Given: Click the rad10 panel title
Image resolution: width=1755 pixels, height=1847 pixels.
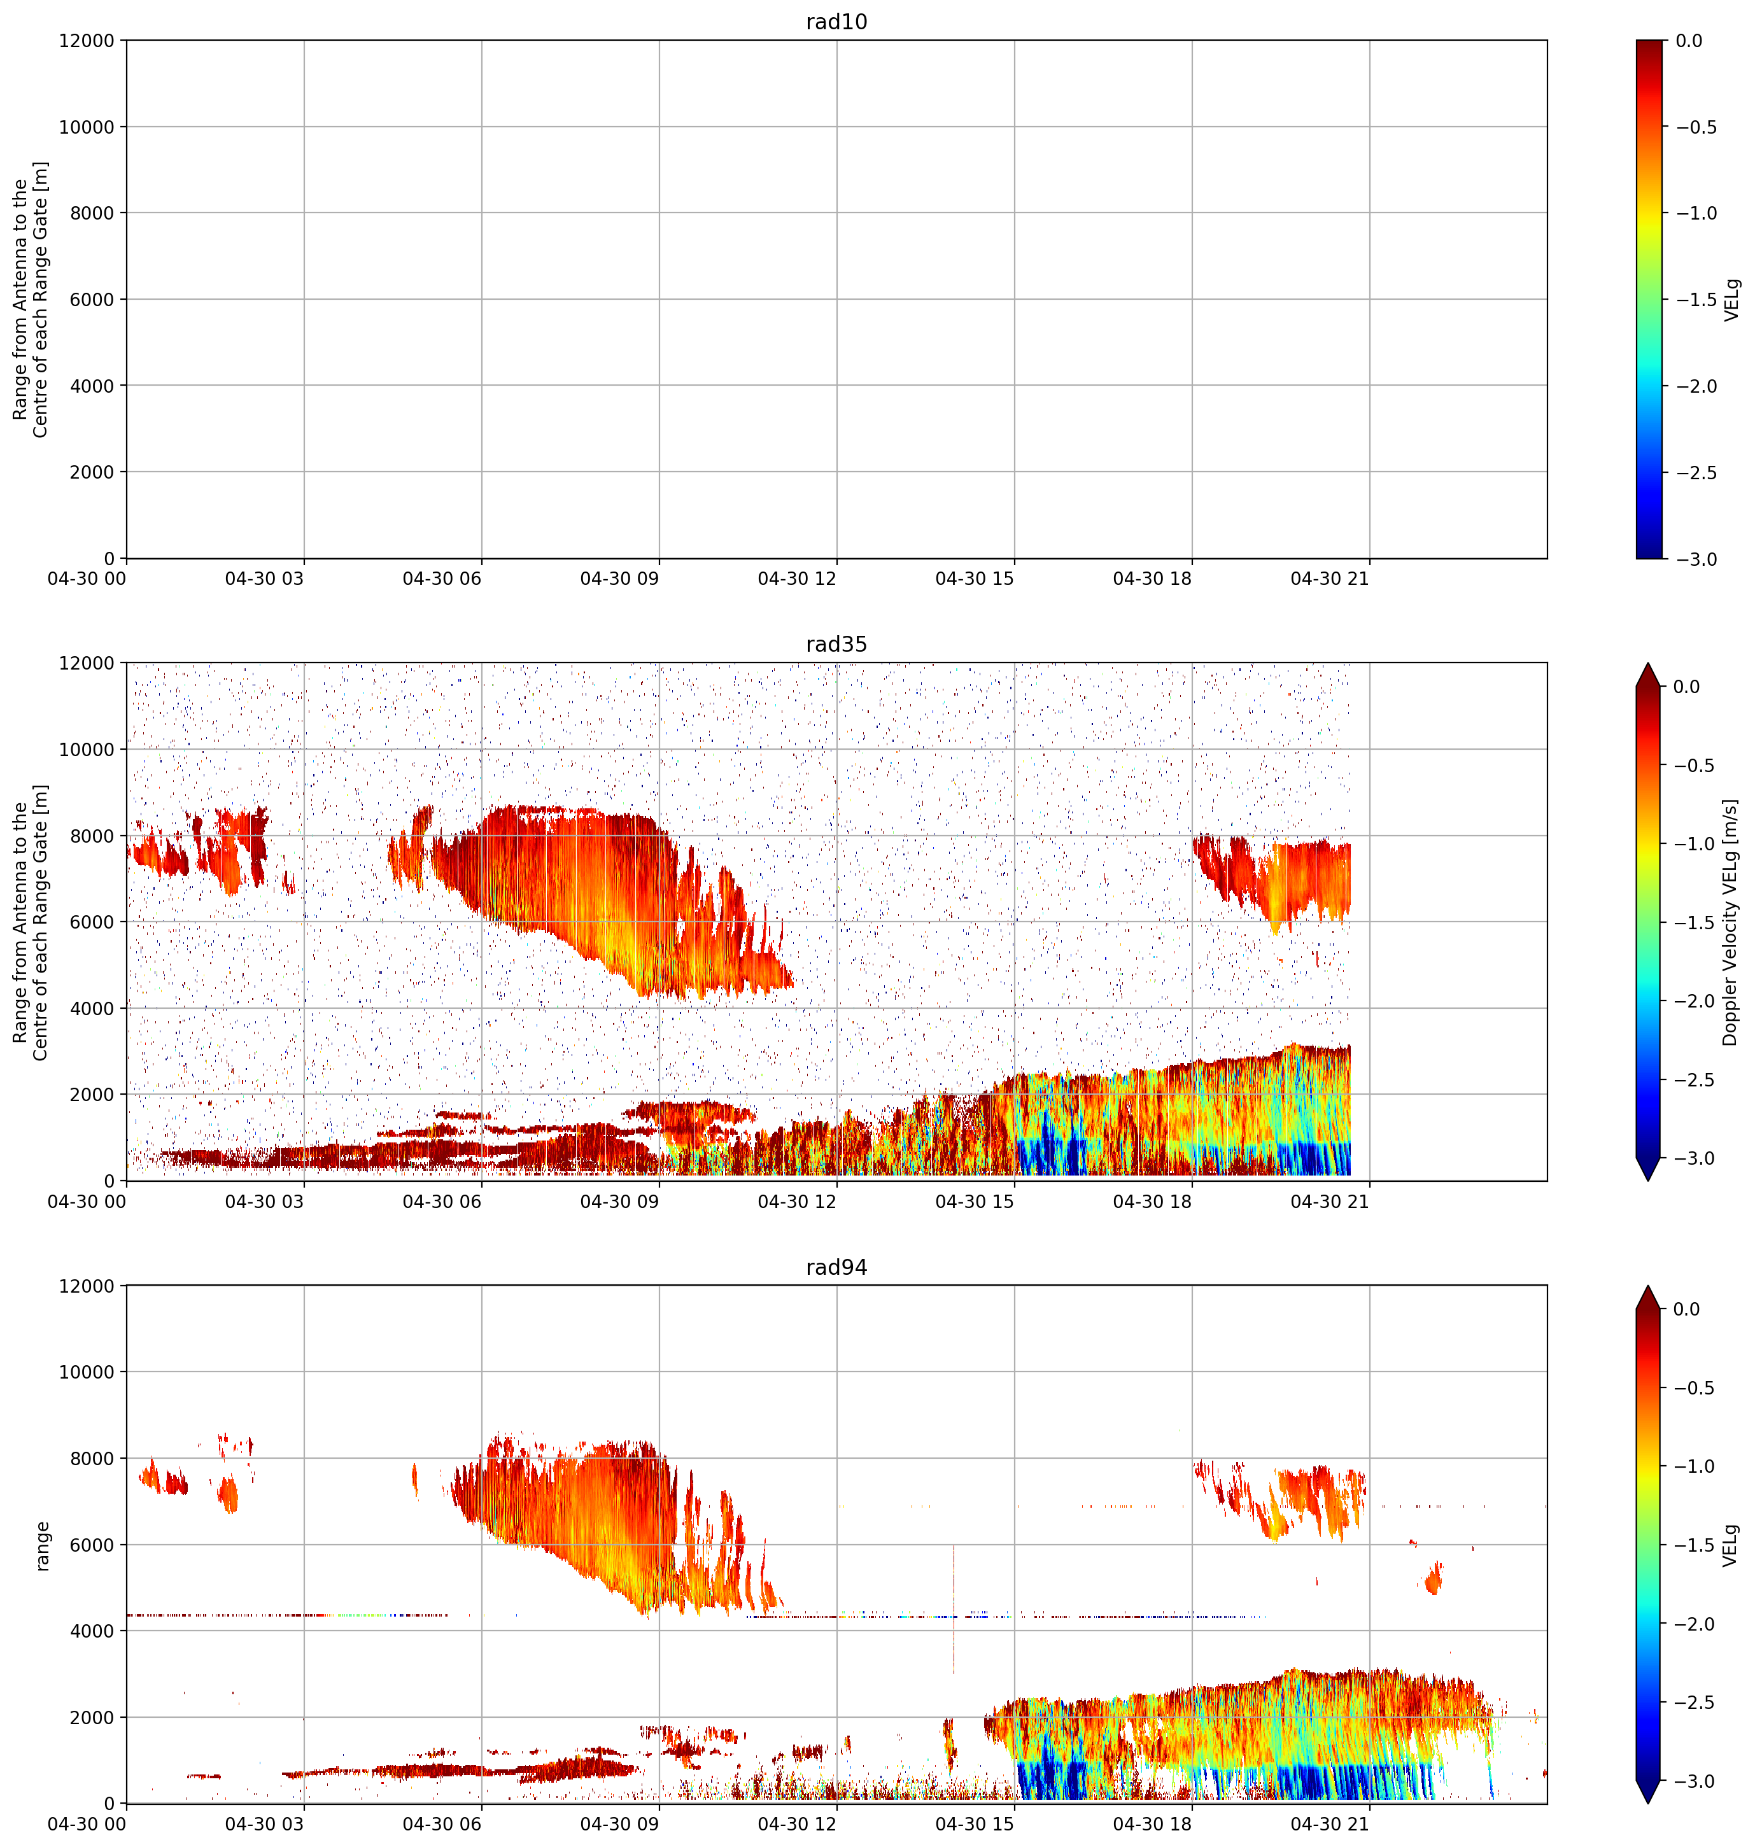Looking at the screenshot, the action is (836, 22).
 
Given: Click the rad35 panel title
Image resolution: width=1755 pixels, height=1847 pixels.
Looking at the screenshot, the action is (836, 644).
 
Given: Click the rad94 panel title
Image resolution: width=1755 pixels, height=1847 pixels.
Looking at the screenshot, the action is (836, 1267).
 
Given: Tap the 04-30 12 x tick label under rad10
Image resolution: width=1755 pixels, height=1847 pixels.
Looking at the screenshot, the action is (797, 579).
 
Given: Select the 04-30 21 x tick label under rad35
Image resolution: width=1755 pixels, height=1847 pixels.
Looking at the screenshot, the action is (1329, 1202).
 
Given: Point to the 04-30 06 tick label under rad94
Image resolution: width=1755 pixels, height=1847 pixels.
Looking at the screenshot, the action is (442, 1825).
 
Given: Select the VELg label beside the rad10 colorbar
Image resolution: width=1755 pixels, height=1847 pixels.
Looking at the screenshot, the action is (1731, 299).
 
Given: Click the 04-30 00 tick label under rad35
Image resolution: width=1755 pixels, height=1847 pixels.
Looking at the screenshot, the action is (86, 1202).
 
